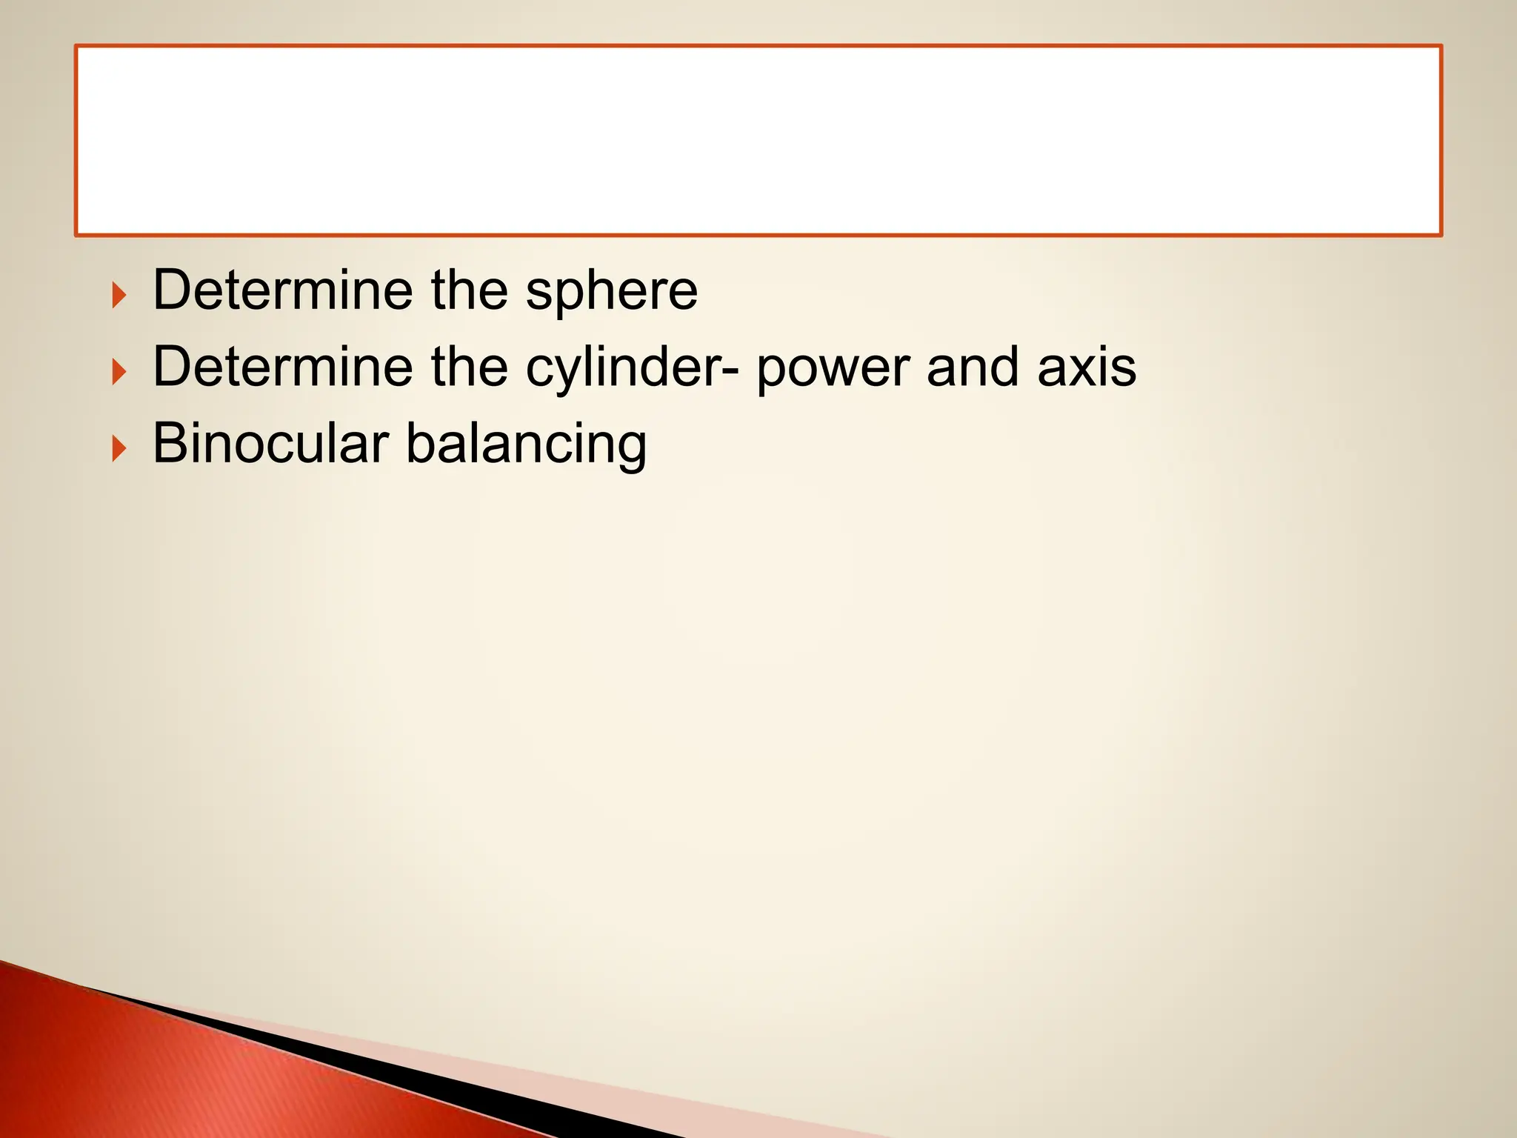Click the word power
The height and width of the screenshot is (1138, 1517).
pos(833,369)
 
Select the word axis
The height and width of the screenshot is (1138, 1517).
pos(1087,367)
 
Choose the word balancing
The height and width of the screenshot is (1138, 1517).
pos(527,445)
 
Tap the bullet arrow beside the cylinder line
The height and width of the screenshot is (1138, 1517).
pos(119,372)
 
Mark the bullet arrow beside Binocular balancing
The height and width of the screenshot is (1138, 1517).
pos(119,449)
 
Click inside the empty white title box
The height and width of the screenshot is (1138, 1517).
pos(758,141)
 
